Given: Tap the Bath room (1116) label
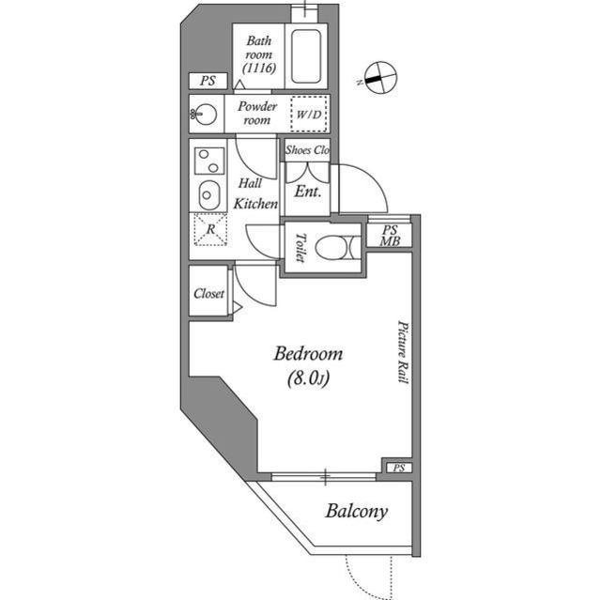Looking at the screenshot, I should [x=258, y=54].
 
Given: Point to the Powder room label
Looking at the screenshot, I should [x=255, y=113].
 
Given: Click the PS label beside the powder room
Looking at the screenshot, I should [x=206, y=81].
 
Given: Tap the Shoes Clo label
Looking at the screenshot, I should [x=307, y=150].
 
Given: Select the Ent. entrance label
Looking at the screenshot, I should [x=308, y=191].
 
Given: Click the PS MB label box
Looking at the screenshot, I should [x=389, y=235].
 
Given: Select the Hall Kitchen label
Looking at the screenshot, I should [x=254, y=192].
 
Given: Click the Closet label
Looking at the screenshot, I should [x=208, y=293].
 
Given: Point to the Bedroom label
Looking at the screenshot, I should [x=308, y=365].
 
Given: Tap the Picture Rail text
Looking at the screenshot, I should [x=401, y=350].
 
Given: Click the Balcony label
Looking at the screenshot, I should [x=357, y=512].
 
